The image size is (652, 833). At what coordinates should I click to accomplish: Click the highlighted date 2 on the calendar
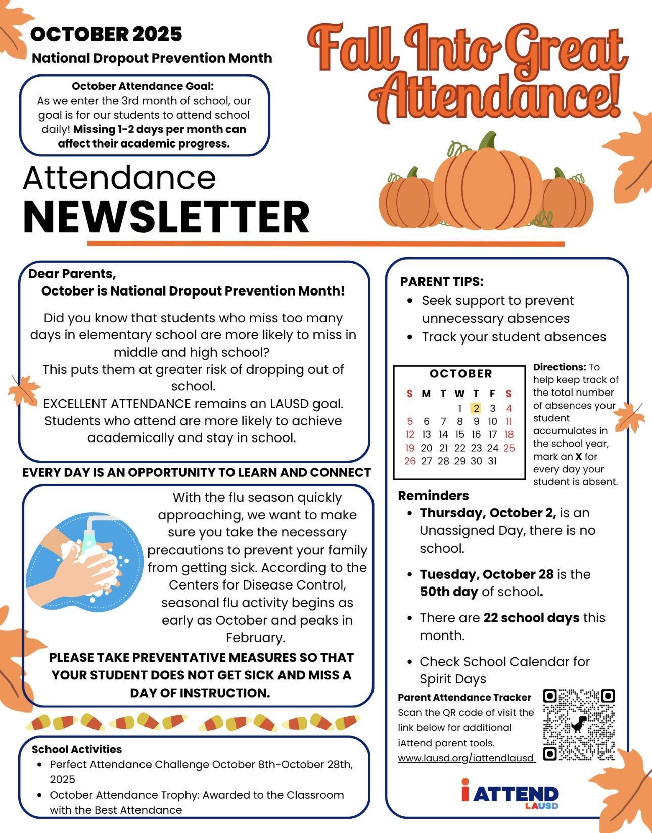[476, 408]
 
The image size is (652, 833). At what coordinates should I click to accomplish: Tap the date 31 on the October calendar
[492, 461]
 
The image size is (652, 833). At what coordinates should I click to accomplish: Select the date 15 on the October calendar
[459, 434]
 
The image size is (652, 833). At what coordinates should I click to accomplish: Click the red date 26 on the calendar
[410, 461]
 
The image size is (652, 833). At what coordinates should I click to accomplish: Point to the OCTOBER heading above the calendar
[460, 374]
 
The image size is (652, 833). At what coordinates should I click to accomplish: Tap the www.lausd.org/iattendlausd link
[465, 758]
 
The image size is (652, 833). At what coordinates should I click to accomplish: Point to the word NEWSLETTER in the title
[166, 216]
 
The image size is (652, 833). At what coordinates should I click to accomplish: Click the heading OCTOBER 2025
[106, 34]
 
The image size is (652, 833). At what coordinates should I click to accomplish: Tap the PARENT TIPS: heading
[442, 282]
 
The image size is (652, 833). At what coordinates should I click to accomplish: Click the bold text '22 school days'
[531, 618]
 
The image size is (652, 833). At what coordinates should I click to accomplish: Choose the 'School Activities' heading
[77, 749]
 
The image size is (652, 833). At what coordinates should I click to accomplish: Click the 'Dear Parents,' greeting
[72, 274]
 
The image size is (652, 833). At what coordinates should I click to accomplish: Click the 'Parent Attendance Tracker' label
[464, 698]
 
